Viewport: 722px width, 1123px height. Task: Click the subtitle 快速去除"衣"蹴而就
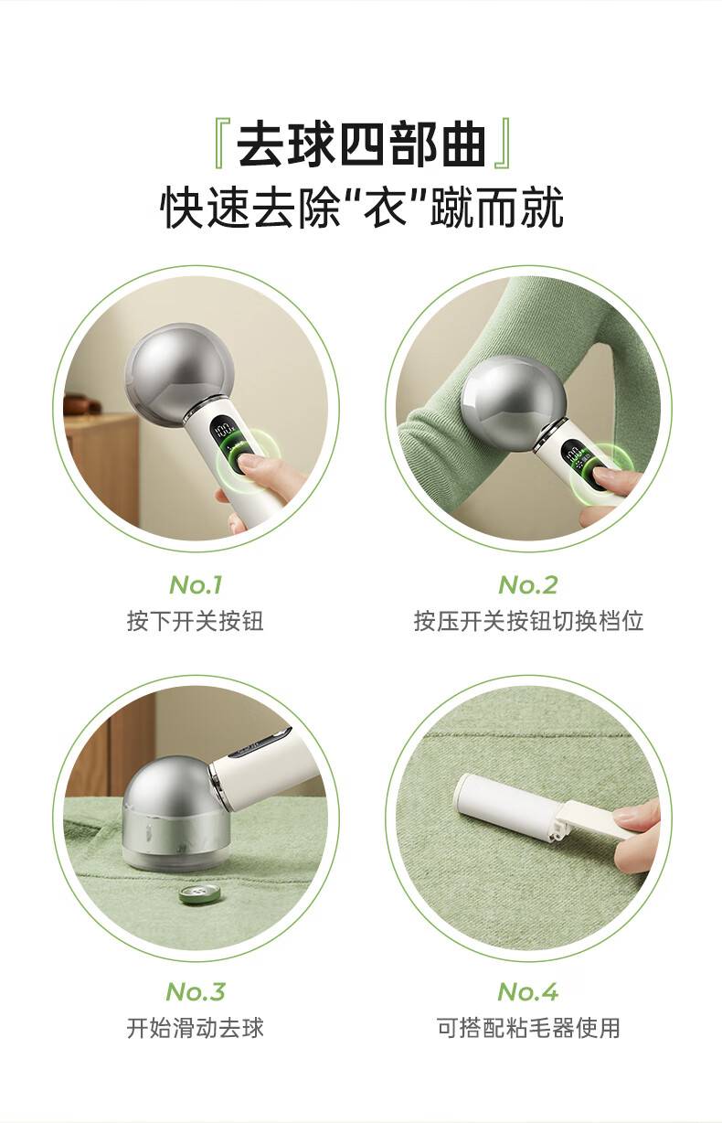[x=362, y=207]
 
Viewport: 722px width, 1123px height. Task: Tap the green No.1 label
[x=196, y=585]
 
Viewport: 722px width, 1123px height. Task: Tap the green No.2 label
[x=528, y=585]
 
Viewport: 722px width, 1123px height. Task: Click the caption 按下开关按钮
[x=196, y=622]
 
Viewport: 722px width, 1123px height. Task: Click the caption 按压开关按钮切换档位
[x=528, y=622]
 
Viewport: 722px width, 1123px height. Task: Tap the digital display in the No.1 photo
[x=224, y=430]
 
